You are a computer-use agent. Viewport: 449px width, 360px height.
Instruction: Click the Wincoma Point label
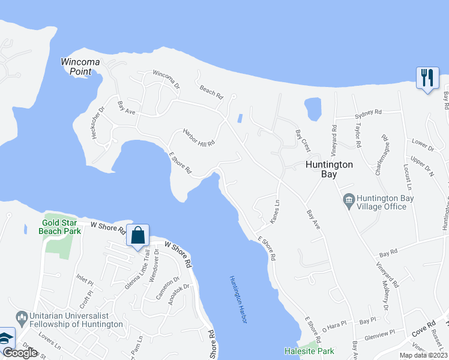76,66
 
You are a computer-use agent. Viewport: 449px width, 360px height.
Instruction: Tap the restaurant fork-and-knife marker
427,78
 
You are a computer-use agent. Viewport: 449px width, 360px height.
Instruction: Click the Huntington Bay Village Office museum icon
348,199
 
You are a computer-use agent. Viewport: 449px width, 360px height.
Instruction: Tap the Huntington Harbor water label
238,300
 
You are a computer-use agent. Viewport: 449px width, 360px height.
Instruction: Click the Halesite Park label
309,351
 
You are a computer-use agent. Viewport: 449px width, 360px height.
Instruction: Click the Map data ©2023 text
423,355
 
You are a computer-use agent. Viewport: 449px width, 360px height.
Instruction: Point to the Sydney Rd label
368,112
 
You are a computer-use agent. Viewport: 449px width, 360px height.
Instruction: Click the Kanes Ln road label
276,213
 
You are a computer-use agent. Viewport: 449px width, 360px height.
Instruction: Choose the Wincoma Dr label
166,80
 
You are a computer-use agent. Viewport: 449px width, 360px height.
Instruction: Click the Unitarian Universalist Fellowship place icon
20,316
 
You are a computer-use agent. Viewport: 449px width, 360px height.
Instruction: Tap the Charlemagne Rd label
382,154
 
